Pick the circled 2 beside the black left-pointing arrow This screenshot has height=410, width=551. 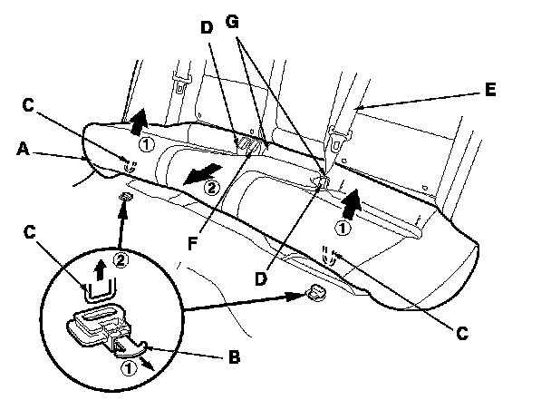pyautogui.click(x=212, y=189)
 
